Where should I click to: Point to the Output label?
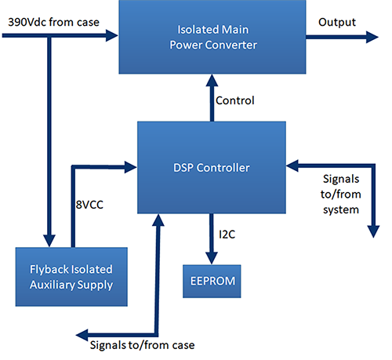click(336, 21)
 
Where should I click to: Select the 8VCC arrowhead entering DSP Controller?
click(130, 165)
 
